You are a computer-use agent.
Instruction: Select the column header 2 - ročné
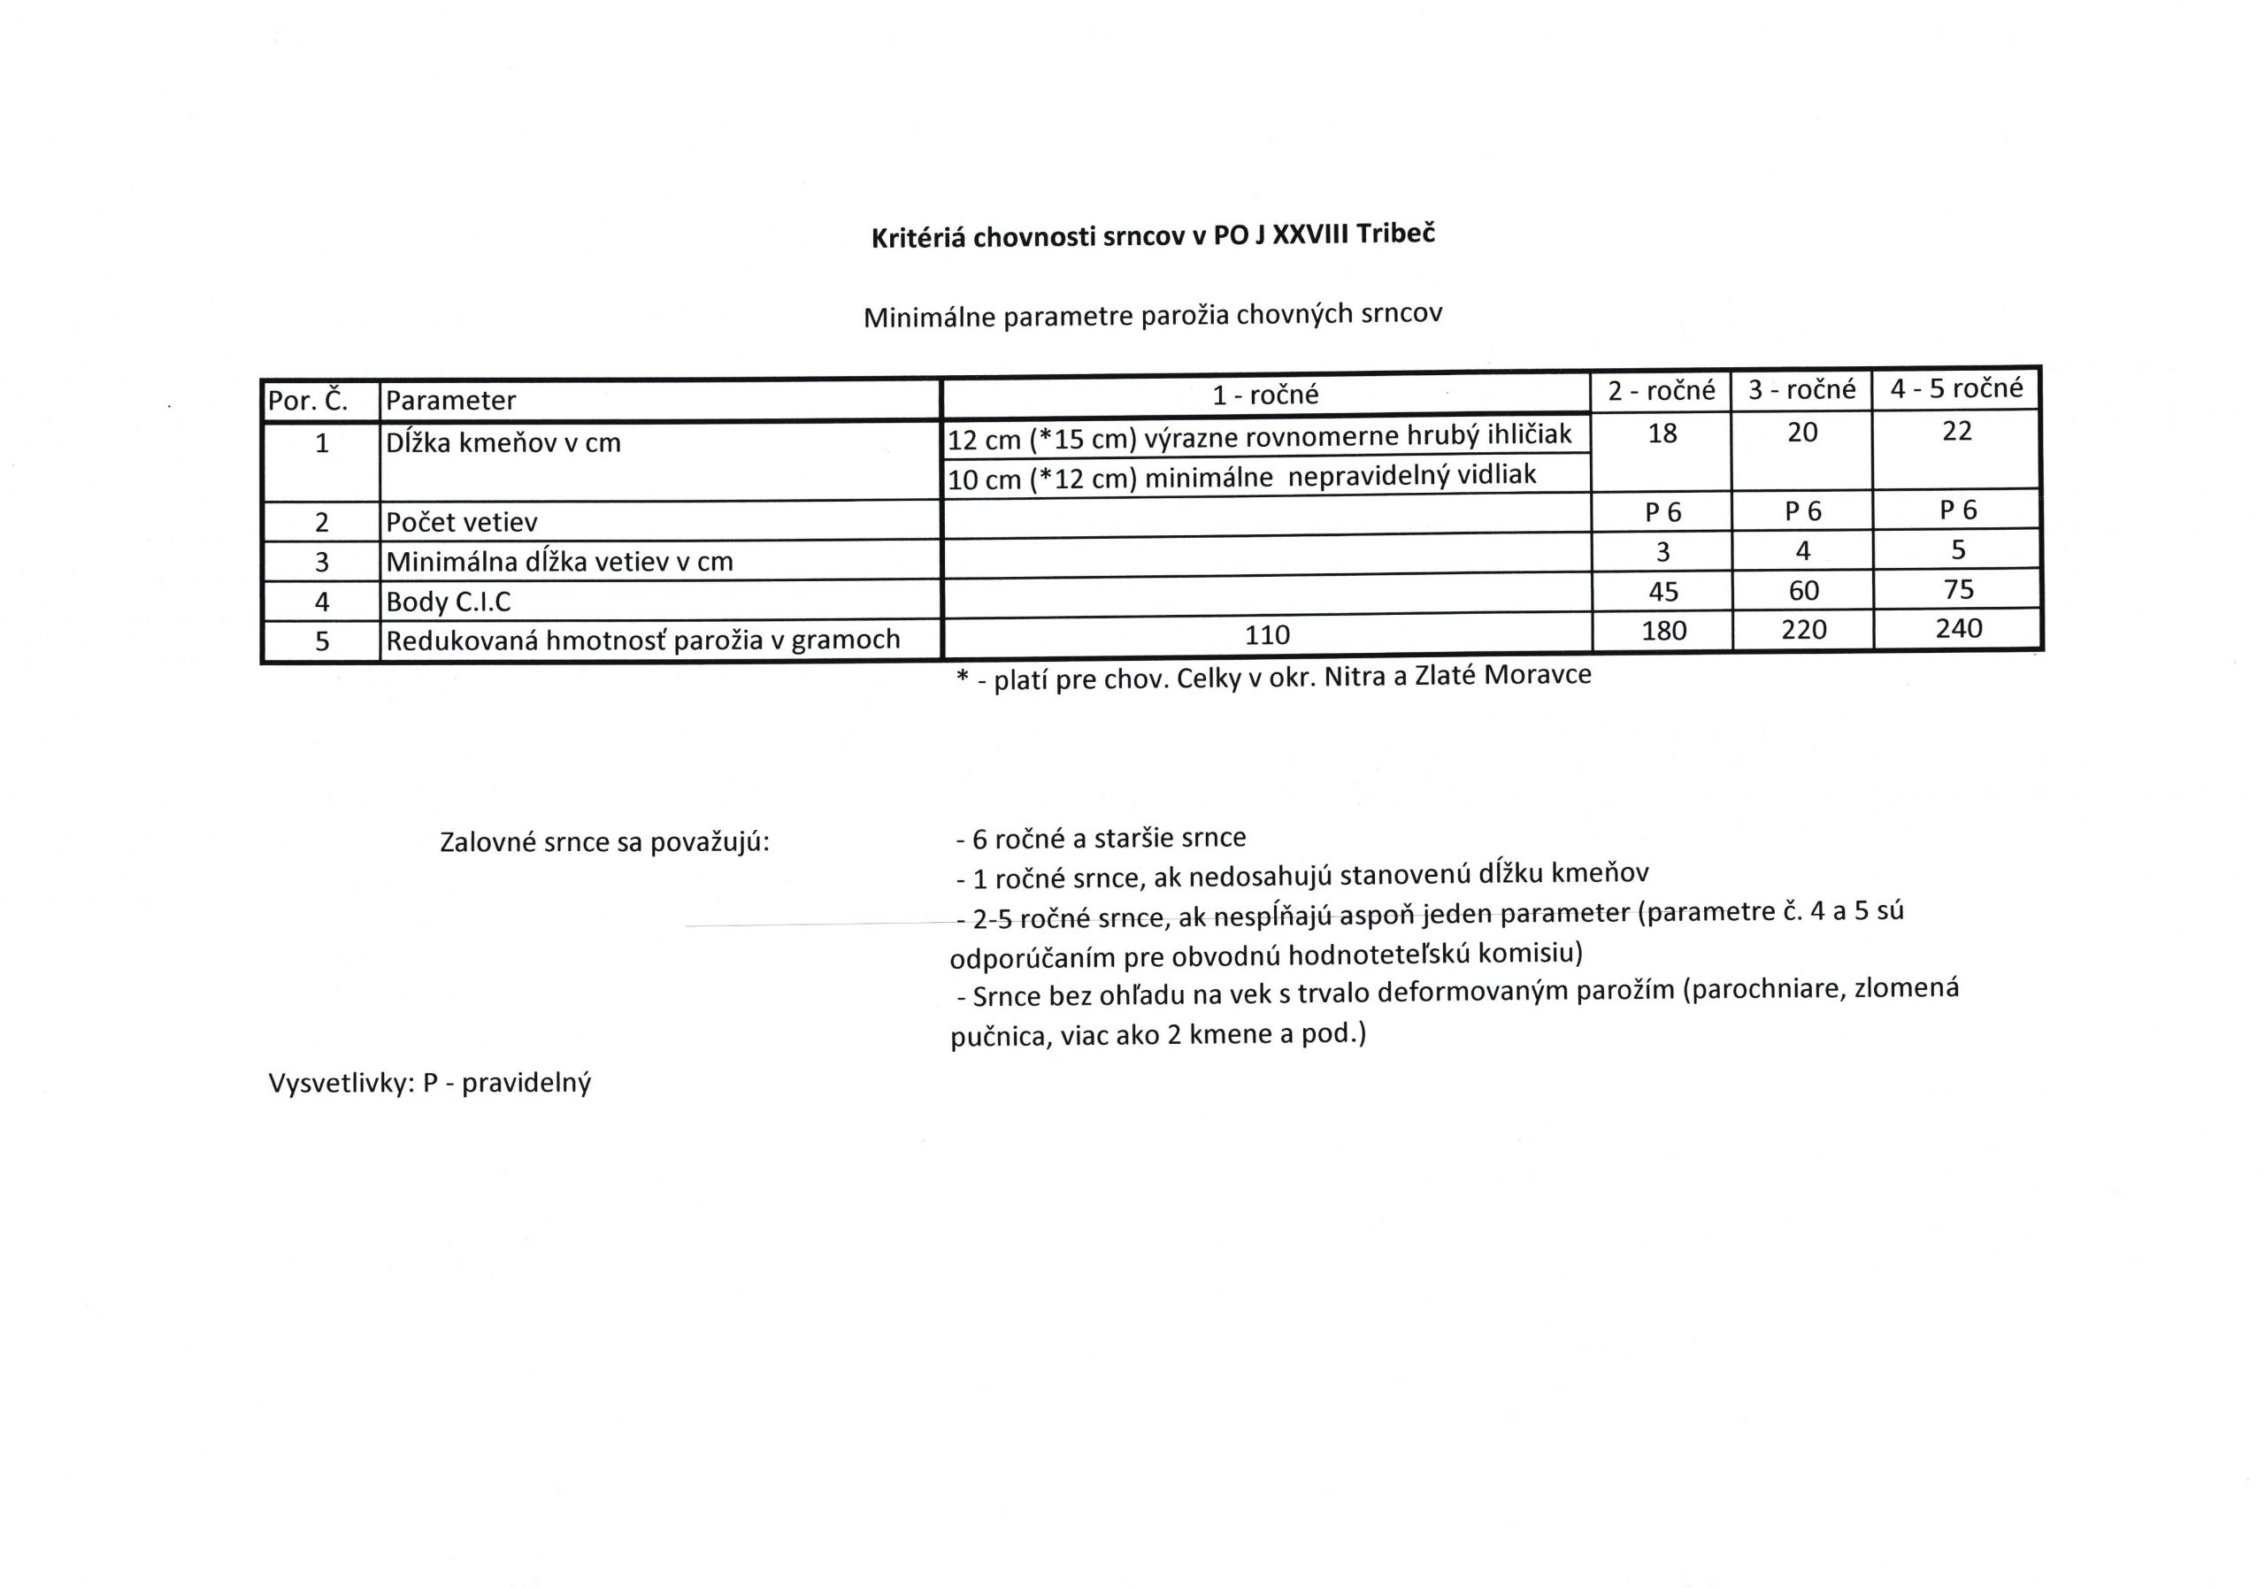[1662, 391]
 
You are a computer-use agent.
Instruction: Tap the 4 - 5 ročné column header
[1956, 388]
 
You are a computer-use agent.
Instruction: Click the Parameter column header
[451, 401]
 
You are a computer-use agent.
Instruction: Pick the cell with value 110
[1267, 634]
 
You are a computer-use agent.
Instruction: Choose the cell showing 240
[1958, 628]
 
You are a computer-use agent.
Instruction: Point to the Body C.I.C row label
[448, 602]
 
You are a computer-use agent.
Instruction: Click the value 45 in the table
[1663, 591]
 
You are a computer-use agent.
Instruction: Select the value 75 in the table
[1958, 589]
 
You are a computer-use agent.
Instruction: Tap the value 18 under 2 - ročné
[1662, 433]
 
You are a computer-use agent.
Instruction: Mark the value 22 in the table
[1956, 431]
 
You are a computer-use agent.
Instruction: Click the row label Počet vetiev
[462, 522]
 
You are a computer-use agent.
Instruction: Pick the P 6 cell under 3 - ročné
[1802, 511]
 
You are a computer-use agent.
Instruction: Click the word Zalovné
[488, 842]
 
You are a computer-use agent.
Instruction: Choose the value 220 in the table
[1803, 629]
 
